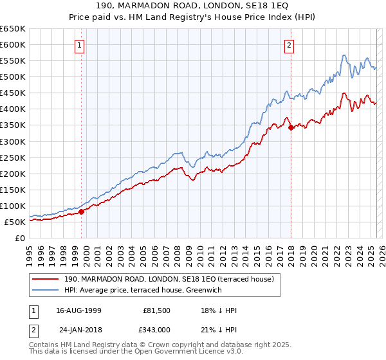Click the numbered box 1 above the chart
78,45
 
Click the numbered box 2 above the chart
289,45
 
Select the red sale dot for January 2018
291,127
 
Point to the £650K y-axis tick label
13,29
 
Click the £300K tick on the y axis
13,141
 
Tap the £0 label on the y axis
21,238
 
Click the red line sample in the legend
46,279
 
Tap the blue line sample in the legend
46,290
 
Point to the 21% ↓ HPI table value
219,329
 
